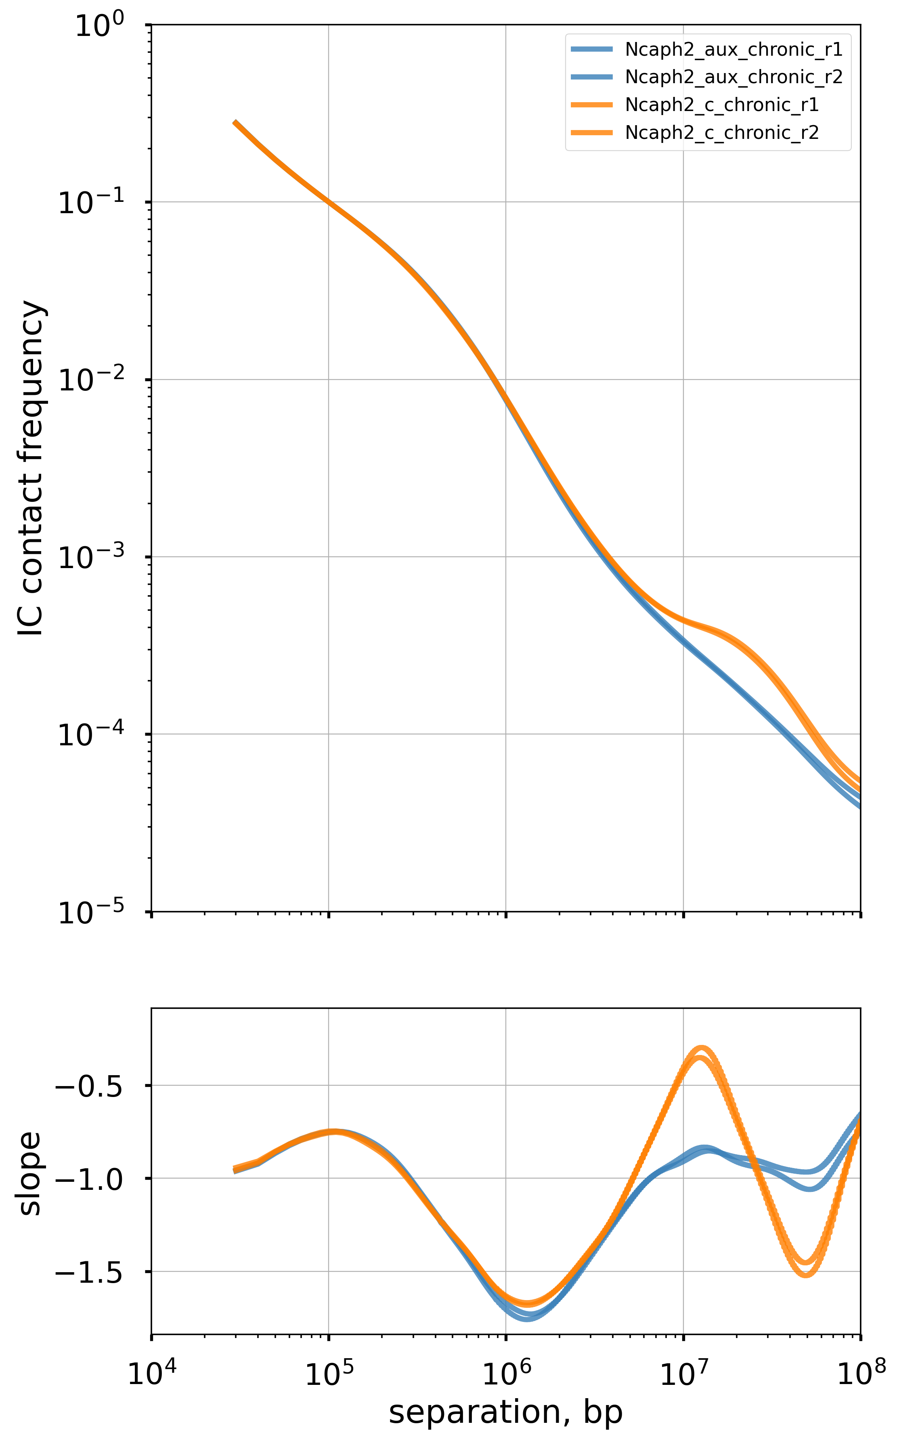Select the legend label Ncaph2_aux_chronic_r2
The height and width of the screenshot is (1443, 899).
point(733,77)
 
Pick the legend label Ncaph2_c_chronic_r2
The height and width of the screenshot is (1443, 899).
point(721,132)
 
